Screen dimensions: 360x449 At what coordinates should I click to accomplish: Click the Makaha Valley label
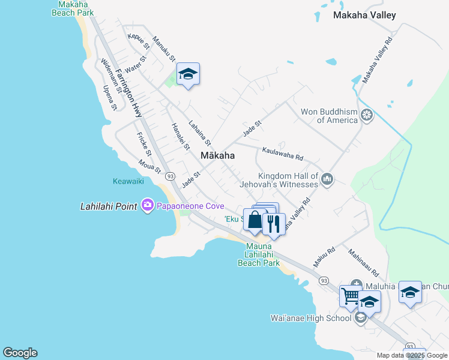tap(364, 15)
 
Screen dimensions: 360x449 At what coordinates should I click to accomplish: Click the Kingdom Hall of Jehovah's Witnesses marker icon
tap(327, 179)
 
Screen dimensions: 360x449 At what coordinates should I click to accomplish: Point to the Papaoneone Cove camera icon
tap(147, 206)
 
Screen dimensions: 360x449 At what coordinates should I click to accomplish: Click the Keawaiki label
tap(128, 181)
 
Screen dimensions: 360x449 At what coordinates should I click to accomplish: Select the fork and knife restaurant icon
tap(274, 224)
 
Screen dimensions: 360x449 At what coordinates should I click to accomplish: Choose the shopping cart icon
tap(351, 295)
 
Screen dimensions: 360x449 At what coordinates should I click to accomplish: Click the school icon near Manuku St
tap(188, 74)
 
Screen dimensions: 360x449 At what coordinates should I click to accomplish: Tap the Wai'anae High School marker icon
tap(360, 317)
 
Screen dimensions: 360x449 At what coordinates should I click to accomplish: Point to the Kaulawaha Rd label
tap(283, 154)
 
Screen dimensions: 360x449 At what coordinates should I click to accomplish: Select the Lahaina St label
tap(199, 133)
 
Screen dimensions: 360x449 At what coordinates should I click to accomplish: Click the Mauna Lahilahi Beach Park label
tap(259, 254)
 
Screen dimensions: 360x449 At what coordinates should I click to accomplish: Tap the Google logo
tap(20, 353)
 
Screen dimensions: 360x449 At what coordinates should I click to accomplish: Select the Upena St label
tap(110, 97)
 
